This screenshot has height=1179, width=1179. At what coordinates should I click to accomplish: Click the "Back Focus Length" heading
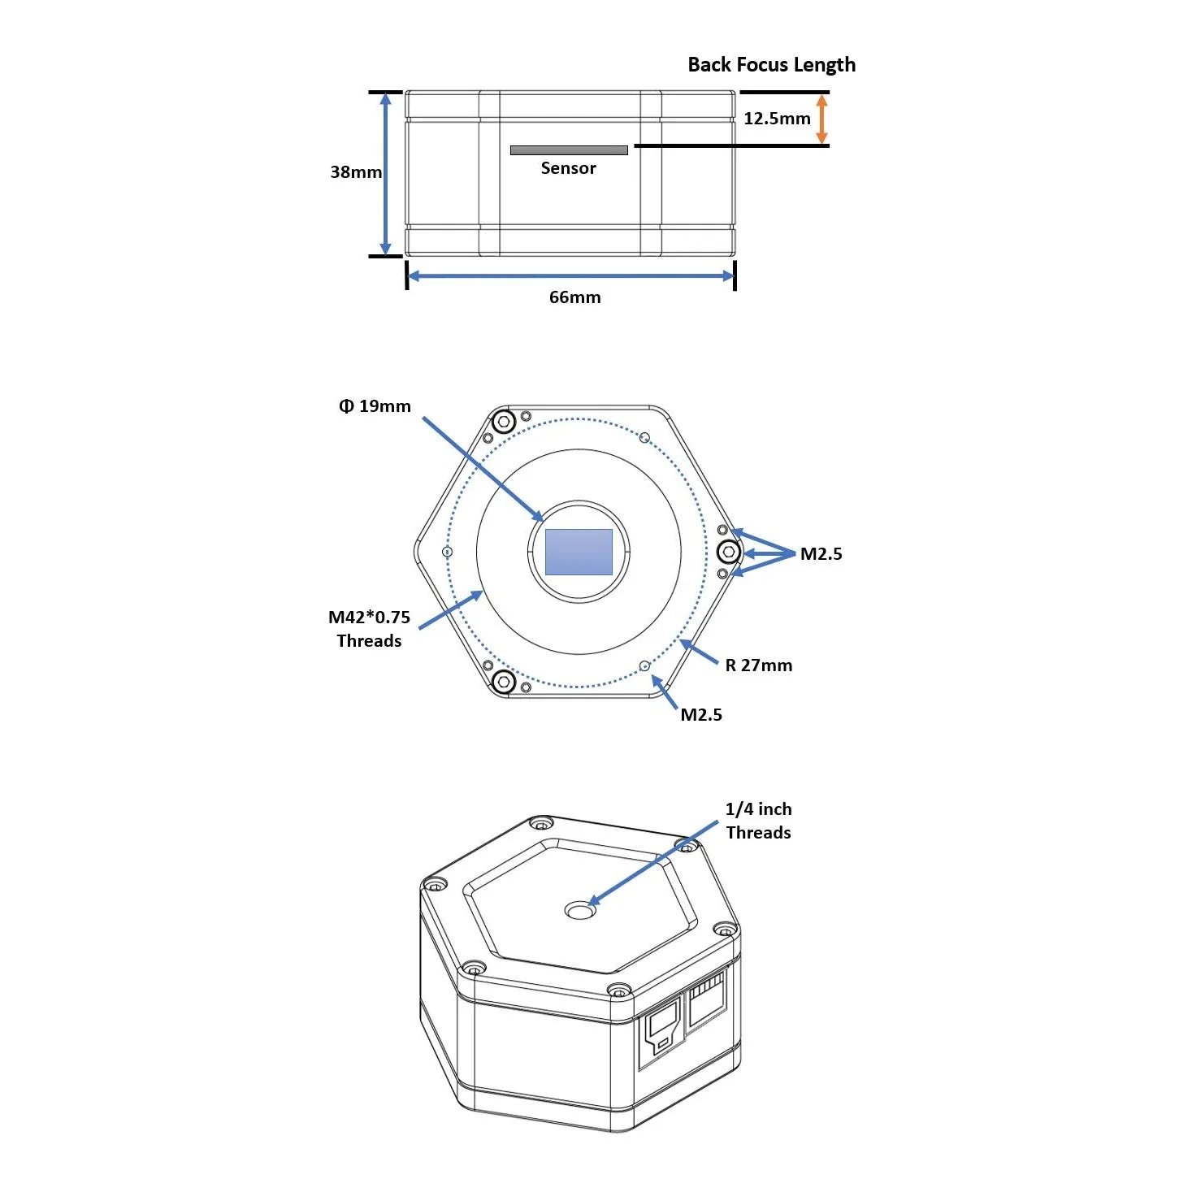[x=771, y=65]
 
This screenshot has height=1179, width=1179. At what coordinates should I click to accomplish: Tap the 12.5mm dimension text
[x=777, y=119]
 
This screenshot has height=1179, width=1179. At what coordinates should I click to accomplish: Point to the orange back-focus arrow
[x=821, y=119]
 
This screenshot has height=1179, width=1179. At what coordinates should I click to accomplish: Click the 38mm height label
[x=356, y=172]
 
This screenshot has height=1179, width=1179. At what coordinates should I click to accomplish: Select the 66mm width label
[x=574, y=297]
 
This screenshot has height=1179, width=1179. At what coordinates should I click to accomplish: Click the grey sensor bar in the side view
[x=569, y=150]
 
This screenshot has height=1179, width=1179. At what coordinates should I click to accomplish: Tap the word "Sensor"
[x=568, y=168]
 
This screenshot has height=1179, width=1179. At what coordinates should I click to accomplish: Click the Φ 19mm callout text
[x=375, y=406]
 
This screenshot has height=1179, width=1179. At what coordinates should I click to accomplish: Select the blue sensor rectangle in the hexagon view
[x=579, y=552]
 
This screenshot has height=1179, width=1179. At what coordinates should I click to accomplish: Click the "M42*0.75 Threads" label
[x=369, y=629]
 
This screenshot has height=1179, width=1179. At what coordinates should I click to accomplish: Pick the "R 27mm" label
[x=758, y=665]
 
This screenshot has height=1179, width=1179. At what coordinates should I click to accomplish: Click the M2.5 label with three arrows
[x=821, y=554]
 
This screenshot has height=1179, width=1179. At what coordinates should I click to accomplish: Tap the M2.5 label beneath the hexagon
[x=700, y=715]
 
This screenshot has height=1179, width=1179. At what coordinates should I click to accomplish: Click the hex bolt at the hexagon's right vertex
[x=729, y=553]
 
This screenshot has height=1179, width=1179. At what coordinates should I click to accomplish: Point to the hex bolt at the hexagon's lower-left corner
[x=504, y=682]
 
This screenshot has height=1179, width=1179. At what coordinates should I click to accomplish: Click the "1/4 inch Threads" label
[x=758, y=821]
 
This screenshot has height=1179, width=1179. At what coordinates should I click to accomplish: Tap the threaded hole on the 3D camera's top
[x=580, y=911]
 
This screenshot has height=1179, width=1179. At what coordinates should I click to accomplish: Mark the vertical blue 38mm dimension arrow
[x=386, y=174]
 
